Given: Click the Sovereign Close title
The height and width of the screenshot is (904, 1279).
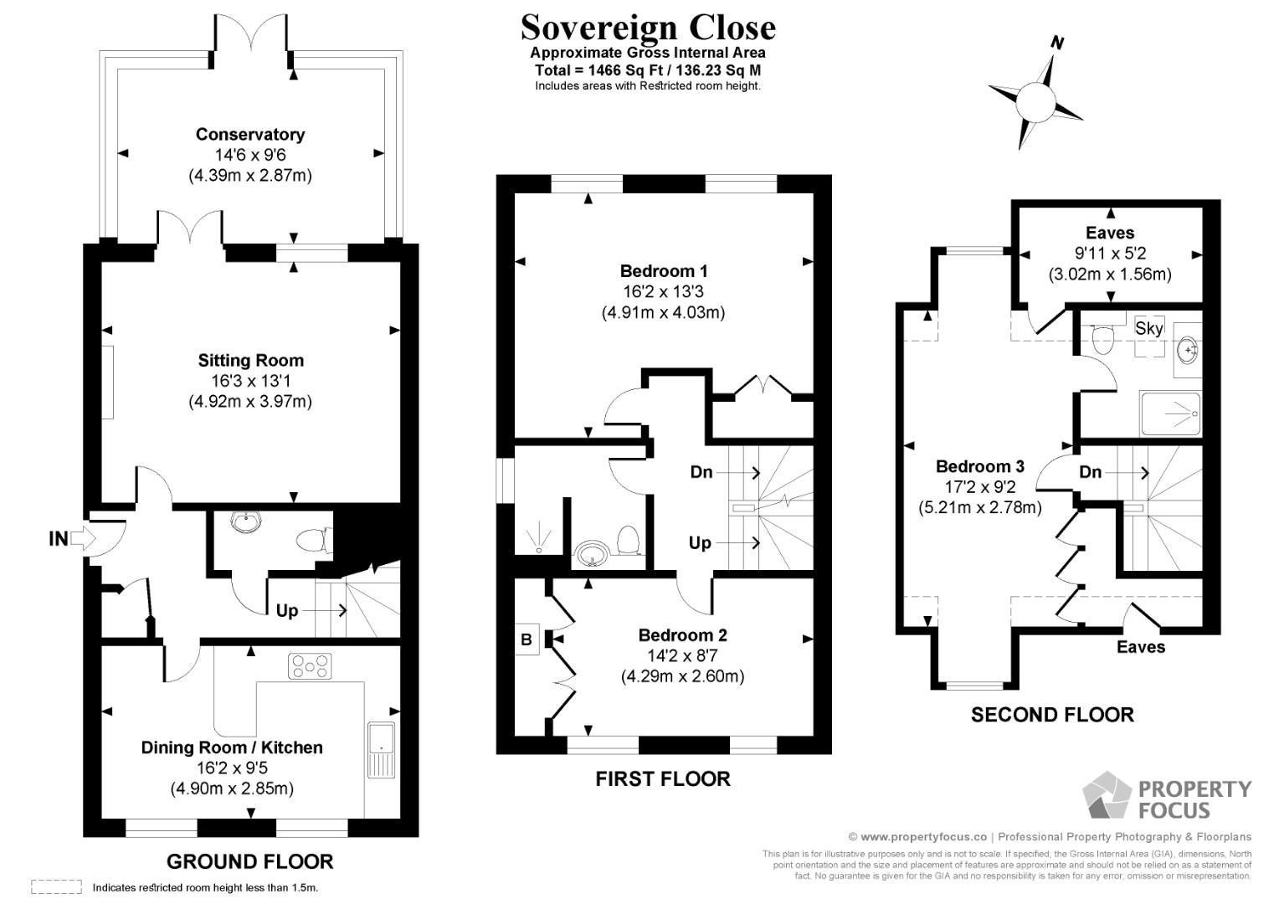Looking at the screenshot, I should [647, 28].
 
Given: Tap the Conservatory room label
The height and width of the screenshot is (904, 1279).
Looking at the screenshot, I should [249, 134].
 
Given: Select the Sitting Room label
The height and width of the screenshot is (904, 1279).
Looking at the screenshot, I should [250, 360].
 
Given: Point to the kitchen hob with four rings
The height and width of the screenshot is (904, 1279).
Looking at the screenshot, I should [310, 666].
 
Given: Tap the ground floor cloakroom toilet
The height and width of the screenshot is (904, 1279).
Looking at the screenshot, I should [313, 540].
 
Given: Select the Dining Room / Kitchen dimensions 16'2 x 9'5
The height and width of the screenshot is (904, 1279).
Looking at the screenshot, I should [232, 768].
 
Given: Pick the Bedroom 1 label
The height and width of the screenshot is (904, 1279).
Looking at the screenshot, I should [663, 270].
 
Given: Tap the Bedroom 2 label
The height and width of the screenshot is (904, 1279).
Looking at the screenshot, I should [682, 634].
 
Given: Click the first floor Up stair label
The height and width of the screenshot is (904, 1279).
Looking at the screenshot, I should [700, 542].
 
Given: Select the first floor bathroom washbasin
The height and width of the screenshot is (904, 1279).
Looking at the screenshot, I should [594, 553].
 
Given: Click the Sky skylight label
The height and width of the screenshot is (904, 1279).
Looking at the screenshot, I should [1148, 328].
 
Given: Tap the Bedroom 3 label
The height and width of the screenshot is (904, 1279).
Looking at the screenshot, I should [979, 466].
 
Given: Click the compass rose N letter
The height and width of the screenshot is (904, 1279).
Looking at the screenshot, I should [1057, 44].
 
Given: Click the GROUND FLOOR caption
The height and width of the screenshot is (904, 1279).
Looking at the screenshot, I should [249, 861].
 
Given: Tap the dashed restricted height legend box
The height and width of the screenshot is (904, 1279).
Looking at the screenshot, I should [56, 886].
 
